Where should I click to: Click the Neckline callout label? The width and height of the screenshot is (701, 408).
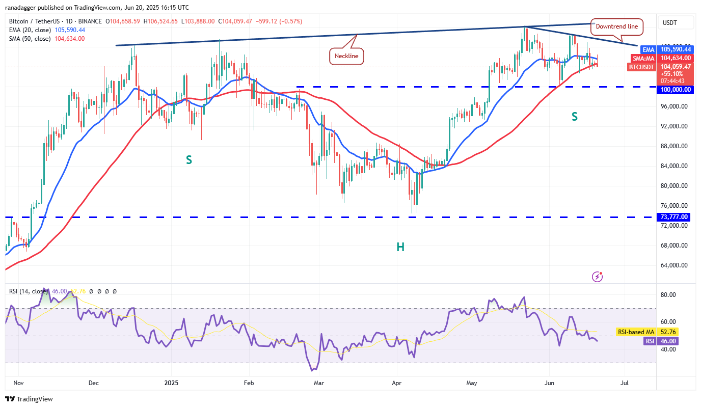347,56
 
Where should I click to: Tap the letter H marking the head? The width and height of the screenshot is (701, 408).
400,247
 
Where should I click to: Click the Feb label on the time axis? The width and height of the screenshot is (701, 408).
249,382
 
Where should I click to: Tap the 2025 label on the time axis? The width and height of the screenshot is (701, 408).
171,382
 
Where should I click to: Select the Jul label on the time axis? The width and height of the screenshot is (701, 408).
624,382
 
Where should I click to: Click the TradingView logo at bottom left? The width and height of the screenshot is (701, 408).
30,399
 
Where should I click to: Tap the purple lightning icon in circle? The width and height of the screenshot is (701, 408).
598,277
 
